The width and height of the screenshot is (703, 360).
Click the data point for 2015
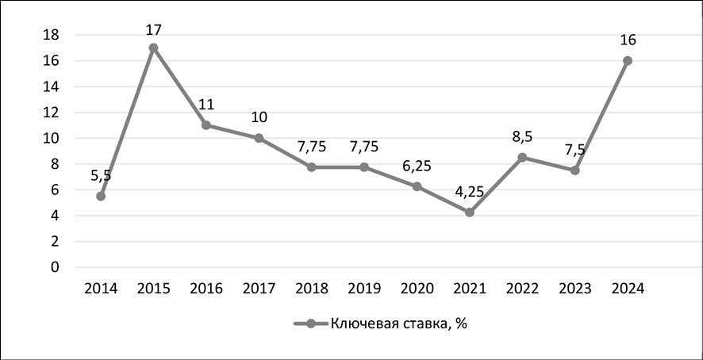point(153,48)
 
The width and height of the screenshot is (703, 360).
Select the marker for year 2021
point(470,212)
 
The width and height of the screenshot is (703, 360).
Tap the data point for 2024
point(628,60)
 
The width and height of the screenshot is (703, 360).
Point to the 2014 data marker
point(101,196)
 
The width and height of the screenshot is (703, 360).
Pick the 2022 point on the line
point(522,157)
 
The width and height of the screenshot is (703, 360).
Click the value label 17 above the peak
point(153,30)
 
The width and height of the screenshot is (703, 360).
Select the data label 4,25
point(470,192)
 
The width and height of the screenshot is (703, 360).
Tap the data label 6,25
point(417,166)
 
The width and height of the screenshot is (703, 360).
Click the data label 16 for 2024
point(628,40)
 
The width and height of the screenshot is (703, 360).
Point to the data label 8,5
point(522,137)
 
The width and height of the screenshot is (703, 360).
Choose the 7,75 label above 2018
point(312,147)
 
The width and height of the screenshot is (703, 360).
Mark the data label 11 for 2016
point(206,105)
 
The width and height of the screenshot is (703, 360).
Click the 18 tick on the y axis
point(51,35)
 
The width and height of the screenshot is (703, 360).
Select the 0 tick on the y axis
point(55,267)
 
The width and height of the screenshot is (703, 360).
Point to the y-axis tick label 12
point(51,113)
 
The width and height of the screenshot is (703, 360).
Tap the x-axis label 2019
point(364,289)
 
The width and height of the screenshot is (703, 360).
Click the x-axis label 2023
point(574,289)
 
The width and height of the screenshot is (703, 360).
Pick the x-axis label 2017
point(259,289)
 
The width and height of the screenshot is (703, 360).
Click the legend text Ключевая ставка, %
point(398,324)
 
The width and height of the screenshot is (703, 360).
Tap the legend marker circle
point(310,324)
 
